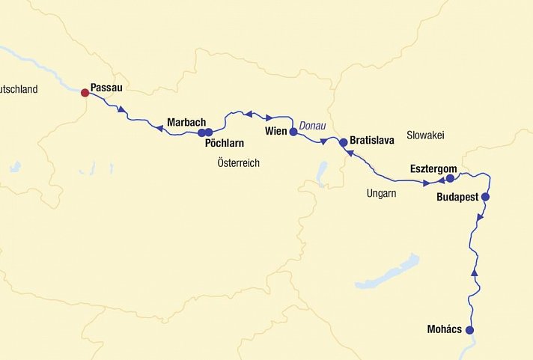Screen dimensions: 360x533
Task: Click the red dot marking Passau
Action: point(85,93)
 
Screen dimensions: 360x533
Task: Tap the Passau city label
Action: point(106,88)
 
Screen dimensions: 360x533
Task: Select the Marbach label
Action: point(186,122)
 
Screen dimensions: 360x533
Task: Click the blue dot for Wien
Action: point(293,132)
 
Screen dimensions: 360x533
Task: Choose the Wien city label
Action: point(276,132)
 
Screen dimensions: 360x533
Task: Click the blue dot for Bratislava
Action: point(344,141)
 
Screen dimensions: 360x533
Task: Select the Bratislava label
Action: point(372,140)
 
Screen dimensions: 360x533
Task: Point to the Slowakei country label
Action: point(425,135)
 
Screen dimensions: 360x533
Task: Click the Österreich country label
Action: point(238,162)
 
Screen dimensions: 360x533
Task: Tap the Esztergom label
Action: point(433,169)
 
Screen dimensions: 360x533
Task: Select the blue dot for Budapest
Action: point(485,197)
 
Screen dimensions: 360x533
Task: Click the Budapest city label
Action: point(457,199)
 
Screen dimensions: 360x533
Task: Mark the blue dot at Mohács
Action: point(470,330)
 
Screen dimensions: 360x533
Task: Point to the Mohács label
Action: point(445,329)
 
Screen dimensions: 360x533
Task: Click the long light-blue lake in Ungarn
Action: point(388,272)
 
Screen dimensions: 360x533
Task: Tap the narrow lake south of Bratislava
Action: point(322,174)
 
